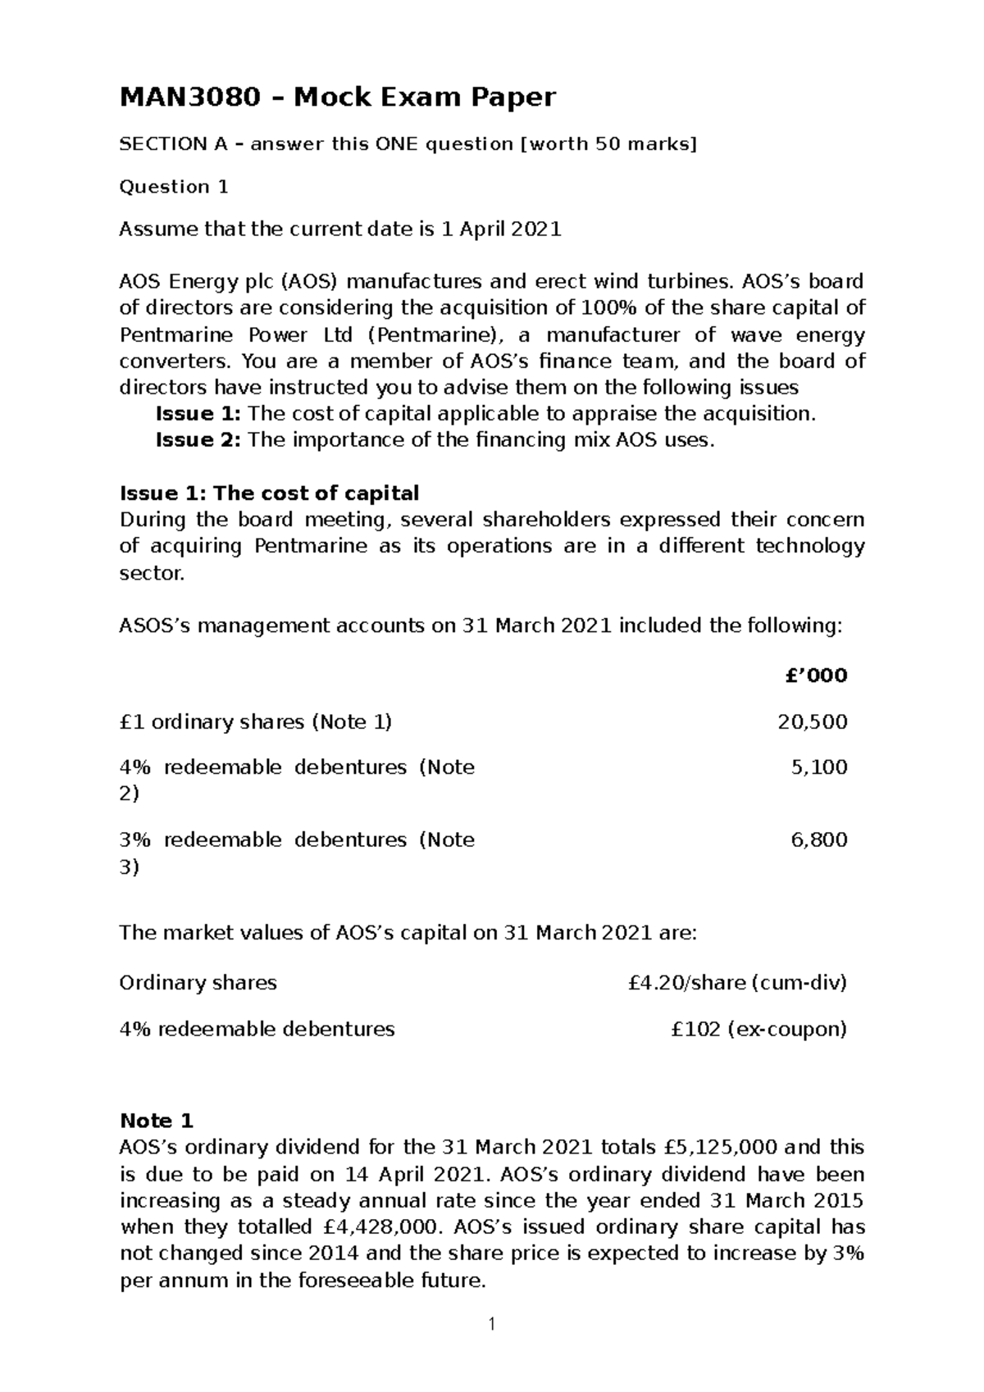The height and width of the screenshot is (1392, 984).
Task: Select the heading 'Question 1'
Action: pyautogui.click(x=174, y=187)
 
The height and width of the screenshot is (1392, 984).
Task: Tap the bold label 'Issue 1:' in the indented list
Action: pyautogui.click(x=198, y=413)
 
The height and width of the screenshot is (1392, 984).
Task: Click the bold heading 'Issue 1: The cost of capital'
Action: pyautogui.click(x=269, y=494)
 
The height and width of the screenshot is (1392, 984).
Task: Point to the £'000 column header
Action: pyautogui.click(x=816, y=676)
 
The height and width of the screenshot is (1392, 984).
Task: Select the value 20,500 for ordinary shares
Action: pyautogui.click(x=812, y=721)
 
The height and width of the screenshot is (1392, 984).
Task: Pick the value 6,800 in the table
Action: pyautogui.click(x=818, y=839)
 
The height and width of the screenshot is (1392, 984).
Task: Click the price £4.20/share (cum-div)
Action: pyautogui.click(x=736, y=982)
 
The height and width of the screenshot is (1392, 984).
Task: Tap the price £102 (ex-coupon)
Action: pyautogui.click(x=758, y=1029)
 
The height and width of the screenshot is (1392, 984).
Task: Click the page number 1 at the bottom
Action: pyautogui.click(x=492, y=1347)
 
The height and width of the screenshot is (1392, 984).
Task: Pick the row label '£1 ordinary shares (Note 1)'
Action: pyautogui.click(x=255, y=721)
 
